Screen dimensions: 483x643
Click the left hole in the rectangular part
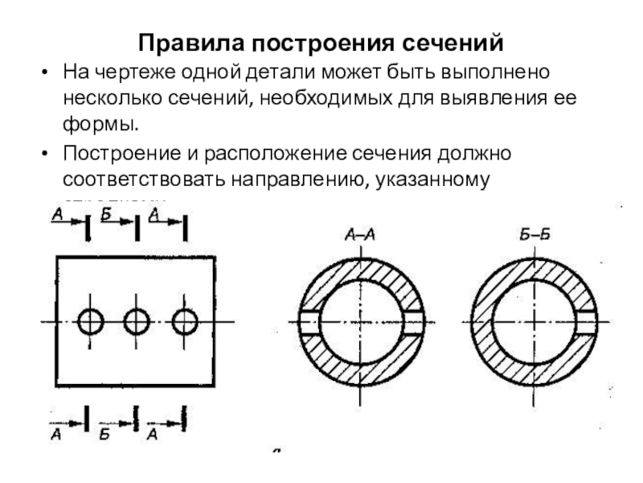coord(90,322)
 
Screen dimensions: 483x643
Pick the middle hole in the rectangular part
coord(137,322)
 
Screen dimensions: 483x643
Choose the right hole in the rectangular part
coord(185,322)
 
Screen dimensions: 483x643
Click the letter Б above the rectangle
coord(107,214)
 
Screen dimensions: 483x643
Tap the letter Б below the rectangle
coord(104,436)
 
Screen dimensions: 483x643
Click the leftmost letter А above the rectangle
coord(57,214)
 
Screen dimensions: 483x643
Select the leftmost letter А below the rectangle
coord(56,436)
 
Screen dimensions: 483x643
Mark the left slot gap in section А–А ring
coord(309,322)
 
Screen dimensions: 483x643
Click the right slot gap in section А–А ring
coord(412,322)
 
